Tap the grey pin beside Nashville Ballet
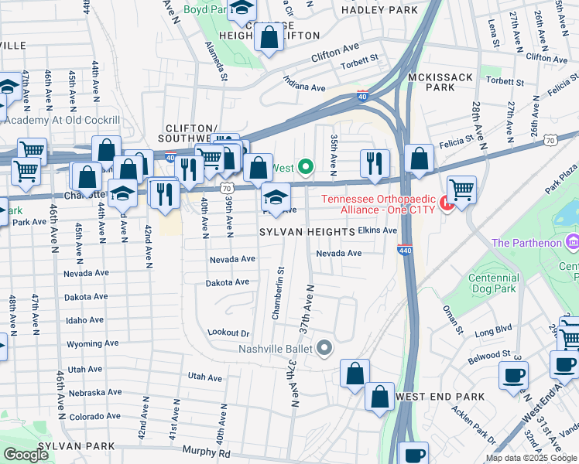(x=324, y=348)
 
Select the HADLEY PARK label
(x=375, y=10)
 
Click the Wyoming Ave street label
(x=93, y=343)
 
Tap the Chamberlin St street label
(x=277, y=293)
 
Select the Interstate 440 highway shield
(x=403, y=251)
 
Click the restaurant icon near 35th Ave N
(x=375, y=162)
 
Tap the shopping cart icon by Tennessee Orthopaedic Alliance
(x=461, y=189)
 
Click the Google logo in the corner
(x=26, y=455)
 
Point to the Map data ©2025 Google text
(x=530, y=458)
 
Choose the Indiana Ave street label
(x=303, y=84)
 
